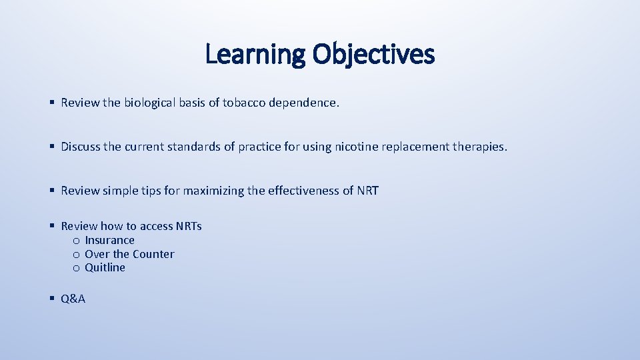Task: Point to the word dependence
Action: pyautogui.click(x=304, y=103)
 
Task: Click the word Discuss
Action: pyautogui.click(x=81, y=147)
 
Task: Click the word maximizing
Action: pyautogui.click(x=213, y=191)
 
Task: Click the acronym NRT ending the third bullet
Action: pyautogui.click(x=367, y=191)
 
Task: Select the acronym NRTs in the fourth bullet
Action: pyautogui.click(x=189, y=226)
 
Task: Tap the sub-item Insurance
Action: pyautogui.click(x=109, y=240)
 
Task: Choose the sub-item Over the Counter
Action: pyautogui.click(x=129, y=254)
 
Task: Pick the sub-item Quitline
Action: pyautogui.click(x=105, y=267)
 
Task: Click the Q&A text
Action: pyautogui.click(x=73, y=299)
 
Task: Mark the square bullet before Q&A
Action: pyautogui.click(x=52, y=299)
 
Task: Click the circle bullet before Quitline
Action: pyautogui.click(x=77, y=268)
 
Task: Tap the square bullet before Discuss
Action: pyautogui.click(x=52, y=147)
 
